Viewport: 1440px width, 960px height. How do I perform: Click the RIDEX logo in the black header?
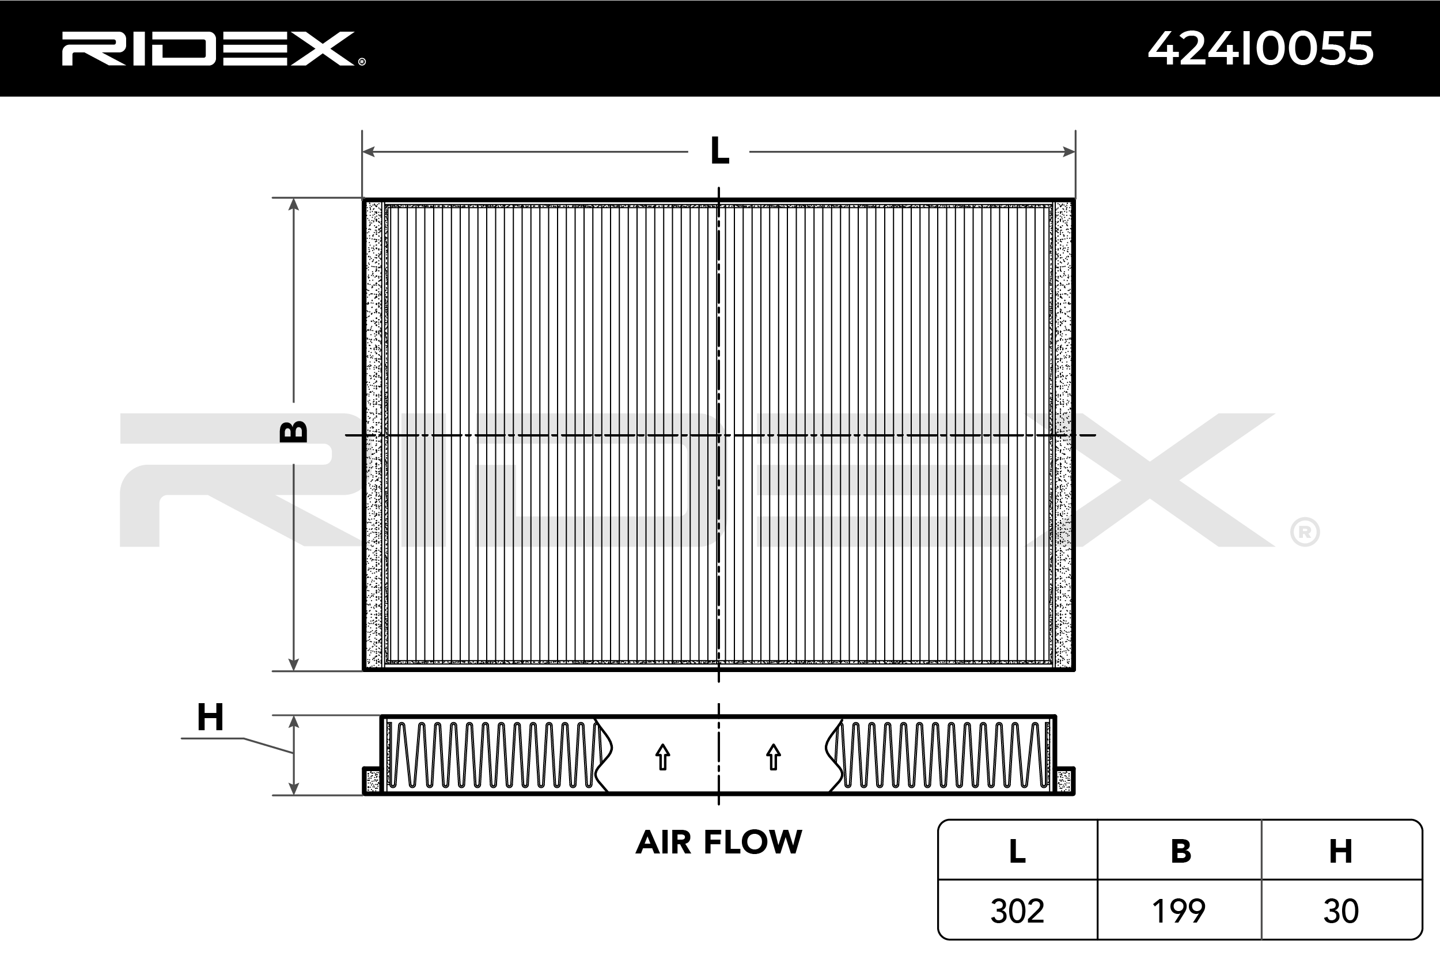[211, 49]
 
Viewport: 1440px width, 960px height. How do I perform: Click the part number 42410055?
[1260, 49]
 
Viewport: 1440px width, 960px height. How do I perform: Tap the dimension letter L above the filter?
[719, 151]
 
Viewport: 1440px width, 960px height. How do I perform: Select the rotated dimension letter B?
[293, 432]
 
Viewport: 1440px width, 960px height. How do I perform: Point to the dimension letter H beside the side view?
[210, 717]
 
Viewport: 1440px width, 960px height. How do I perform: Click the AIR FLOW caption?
[719, 843]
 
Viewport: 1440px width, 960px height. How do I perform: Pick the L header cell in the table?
[1017, 852]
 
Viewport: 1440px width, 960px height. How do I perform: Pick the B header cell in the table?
[1180, 852]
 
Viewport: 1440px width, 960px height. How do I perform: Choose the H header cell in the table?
[1341, 852]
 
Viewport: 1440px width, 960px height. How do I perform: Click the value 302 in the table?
[1017, 911]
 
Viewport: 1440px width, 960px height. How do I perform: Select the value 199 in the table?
[1178, 911]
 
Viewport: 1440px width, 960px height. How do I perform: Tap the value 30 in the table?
[1341, 911]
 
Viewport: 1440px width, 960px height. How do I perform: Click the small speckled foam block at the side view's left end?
[372, 781]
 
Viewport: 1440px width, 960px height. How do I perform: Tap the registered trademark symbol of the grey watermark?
[1305, 532]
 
